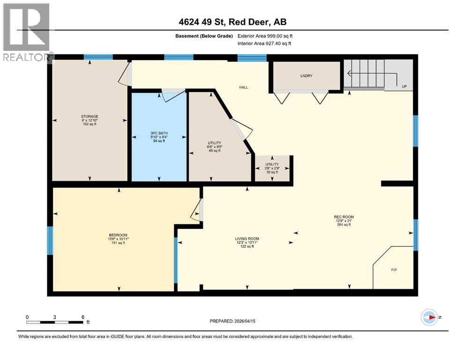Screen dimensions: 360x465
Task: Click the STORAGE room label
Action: pos(89,116)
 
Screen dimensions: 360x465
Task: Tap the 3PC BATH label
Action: pos(159,133)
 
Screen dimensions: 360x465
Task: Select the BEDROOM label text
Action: pos(118,235)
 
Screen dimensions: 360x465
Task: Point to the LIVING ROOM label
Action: pos(247,239)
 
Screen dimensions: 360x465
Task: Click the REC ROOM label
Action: pos(340,217)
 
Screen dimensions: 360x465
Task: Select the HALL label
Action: pos(244,87)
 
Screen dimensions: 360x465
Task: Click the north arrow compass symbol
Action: pos(429,317)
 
